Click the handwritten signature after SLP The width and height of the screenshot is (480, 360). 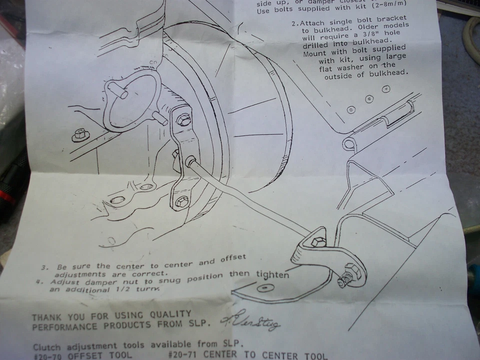pyautogui.click(x=250, y=320)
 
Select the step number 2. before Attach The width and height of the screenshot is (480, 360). pyautogui.click(x=295, y=23)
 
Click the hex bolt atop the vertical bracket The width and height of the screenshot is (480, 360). pyautogui.click(x=183, y=119)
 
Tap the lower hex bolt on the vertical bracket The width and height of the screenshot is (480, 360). pyautogui.click(x=181, y=203)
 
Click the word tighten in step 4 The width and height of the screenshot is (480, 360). pyautogui.click(x=272, y=275)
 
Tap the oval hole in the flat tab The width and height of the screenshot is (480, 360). pyautogui.click(x=262, y=288)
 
